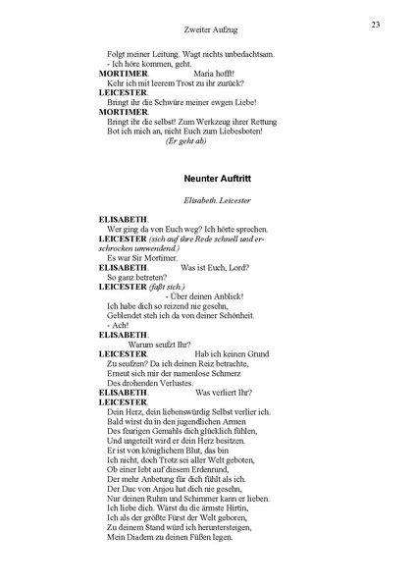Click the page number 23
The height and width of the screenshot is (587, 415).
(376, 24)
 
